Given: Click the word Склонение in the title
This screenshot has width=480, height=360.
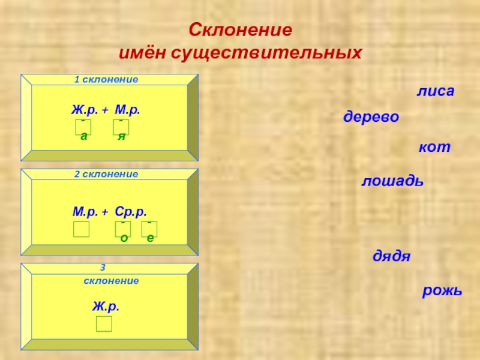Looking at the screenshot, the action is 240,29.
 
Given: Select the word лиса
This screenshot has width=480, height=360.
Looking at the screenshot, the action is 436,92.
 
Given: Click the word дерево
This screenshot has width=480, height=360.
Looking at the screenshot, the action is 371,118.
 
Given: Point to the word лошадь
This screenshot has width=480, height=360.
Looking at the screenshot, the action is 392,181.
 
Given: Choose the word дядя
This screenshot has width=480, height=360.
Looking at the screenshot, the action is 392,256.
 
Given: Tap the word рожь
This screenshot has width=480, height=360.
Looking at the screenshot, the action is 442,291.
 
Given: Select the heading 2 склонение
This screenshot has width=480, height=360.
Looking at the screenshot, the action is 106,174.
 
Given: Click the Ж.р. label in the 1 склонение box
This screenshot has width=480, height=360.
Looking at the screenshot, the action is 85,110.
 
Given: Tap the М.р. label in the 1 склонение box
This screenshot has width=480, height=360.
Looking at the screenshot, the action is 128,110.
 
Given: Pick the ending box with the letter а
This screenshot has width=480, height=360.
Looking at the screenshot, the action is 83,127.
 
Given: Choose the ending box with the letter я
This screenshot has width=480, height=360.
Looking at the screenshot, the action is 121,127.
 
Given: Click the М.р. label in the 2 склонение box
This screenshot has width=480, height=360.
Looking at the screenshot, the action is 86,212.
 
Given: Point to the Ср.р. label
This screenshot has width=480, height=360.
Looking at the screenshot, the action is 131,212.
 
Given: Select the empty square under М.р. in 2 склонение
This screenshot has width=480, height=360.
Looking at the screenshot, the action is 81,229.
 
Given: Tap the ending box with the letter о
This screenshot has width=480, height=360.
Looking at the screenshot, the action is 123,229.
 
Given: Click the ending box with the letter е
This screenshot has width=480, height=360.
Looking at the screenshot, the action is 149,229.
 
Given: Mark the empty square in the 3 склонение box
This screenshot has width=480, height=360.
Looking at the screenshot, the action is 104,324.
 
